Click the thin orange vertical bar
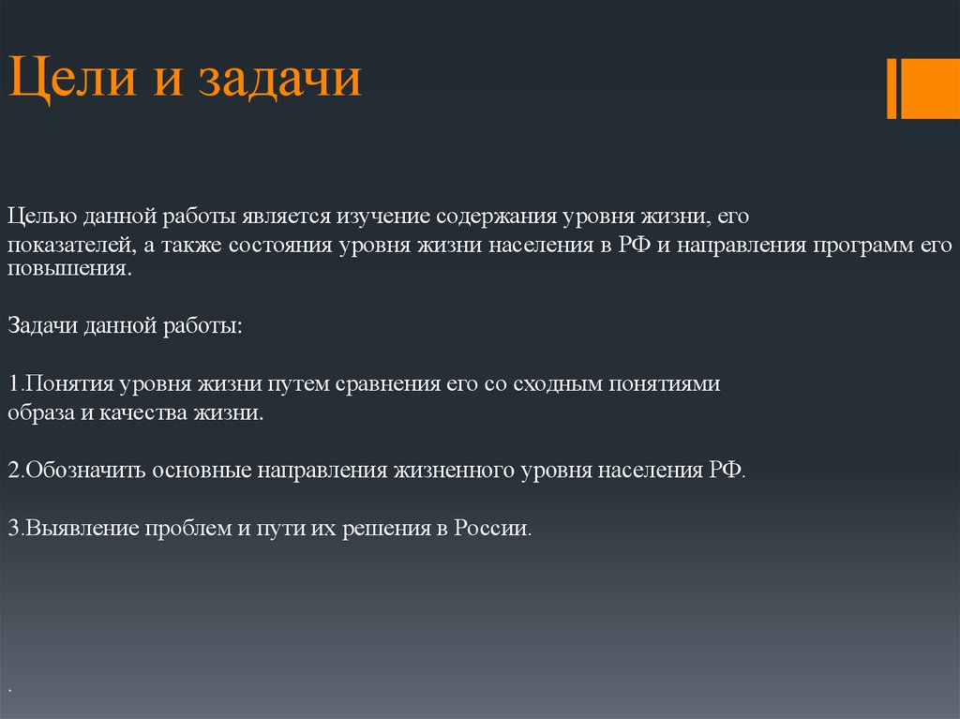892,89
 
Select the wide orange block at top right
931,89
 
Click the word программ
863,246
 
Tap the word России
493,527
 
